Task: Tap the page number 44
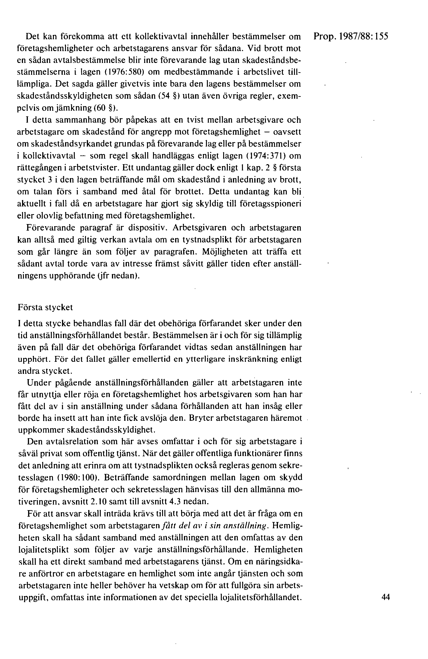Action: pos(385,597)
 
